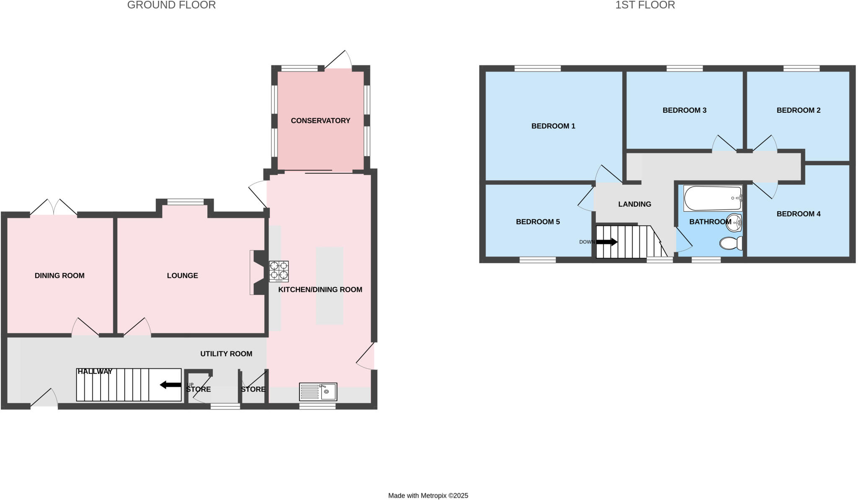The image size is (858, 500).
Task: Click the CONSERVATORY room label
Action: point(320,121)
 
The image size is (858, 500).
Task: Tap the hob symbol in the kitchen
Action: point(279,271)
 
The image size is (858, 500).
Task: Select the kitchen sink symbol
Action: point(318,392)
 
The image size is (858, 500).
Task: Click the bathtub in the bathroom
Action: point(712,198)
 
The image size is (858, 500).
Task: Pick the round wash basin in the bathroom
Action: point(734,223)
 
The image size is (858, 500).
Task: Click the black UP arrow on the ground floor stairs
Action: point(171,385)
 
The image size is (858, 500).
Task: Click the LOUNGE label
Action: point(182,276)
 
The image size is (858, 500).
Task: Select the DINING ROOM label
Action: point(59,276)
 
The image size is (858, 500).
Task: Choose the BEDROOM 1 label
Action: point(553,126)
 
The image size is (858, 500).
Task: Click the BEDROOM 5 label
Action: point(538,222)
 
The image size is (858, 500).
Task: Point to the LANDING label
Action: point(635,205)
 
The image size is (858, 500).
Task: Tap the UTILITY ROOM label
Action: point(226,354)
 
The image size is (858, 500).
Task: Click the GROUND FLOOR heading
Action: point(171,5)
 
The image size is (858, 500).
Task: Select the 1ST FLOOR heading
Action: point(645,5)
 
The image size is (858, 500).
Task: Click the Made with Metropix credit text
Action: point(428,496)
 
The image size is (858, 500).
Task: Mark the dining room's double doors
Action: point(54,207)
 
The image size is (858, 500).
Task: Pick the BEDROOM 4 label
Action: point(798,214)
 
